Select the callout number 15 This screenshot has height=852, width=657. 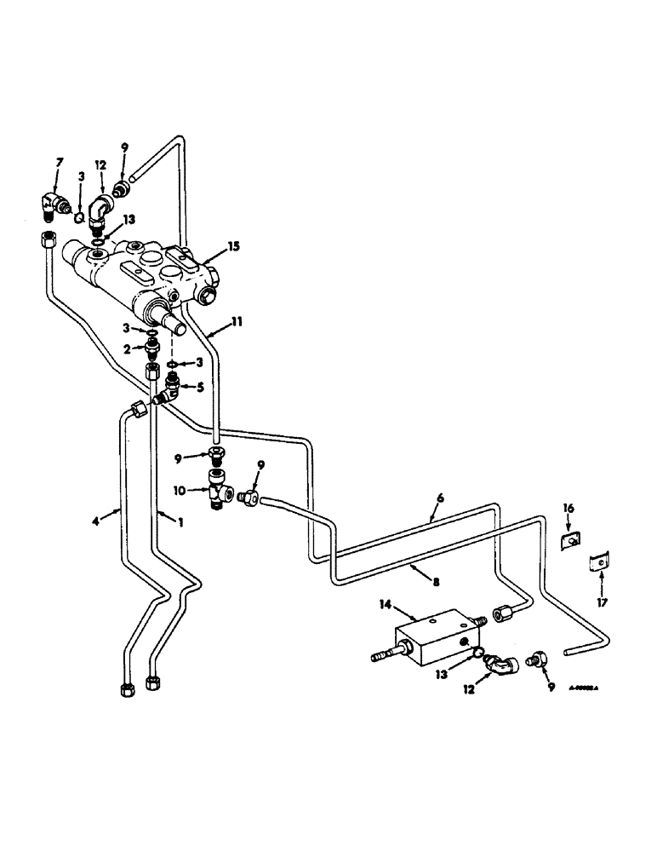(x=233, y=246)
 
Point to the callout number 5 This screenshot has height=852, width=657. (x=201, y=385)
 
